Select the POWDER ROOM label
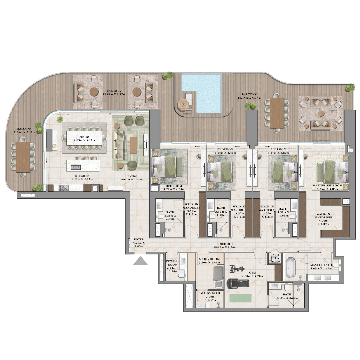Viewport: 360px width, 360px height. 173,261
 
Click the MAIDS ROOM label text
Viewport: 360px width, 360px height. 209,259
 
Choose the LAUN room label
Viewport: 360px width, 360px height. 274,255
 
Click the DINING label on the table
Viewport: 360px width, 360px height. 84,137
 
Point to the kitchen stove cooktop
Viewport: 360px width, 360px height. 63,188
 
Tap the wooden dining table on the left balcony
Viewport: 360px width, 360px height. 23,157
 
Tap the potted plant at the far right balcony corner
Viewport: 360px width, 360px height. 350,88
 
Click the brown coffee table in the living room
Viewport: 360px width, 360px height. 133,145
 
